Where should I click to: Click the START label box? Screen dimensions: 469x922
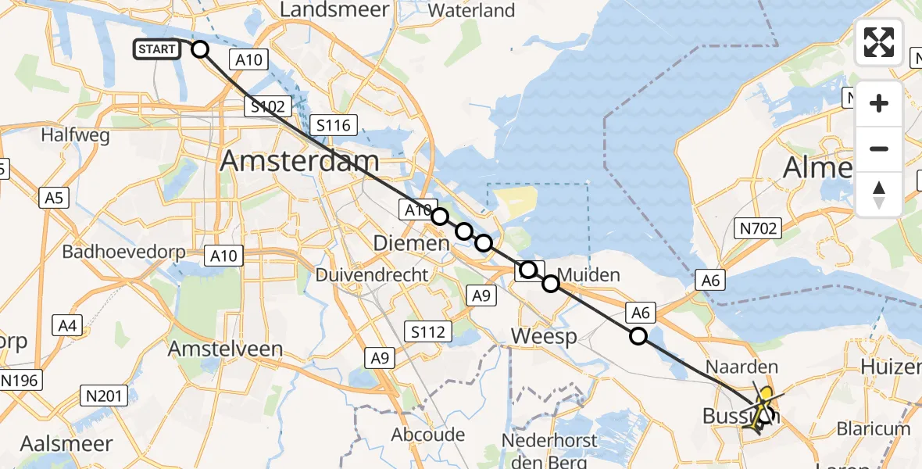[x=157, y=49]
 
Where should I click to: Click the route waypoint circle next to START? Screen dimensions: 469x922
[x=200, y=49]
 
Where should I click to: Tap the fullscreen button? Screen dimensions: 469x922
[x=879, y=42]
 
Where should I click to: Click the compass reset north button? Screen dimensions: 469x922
[x=879, y=194]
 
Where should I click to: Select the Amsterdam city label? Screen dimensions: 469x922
[x=300, y=161]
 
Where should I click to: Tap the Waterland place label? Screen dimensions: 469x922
[x=472, y=11]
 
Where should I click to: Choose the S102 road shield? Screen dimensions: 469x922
[x=267, y=107]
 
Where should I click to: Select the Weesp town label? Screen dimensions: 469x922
[x=544, y=337]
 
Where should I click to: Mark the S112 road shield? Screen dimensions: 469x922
[x=427, y=331]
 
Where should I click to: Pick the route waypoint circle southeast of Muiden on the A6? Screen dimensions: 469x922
[x=638, y=337]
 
